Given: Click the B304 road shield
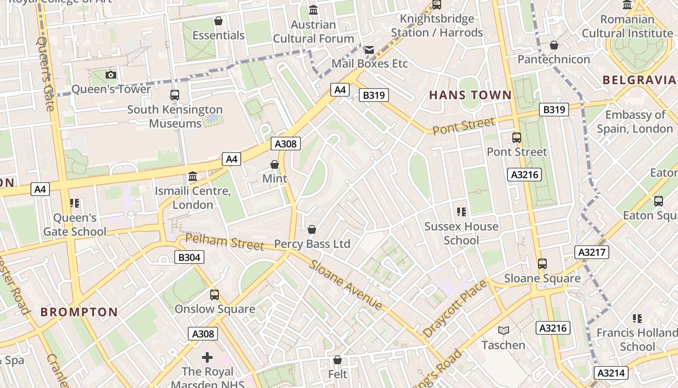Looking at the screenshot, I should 189,257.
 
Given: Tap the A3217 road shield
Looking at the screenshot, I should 592,252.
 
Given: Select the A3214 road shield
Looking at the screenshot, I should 611,373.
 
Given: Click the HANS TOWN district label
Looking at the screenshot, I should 470,95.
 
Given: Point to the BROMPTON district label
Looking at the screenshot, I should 79,312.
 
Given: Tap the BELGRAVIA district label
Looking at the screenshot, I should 639,80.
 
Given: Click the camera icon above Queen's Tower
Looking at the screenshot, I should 111,75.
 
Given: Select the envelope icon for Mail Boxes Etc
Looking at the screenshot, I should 370,49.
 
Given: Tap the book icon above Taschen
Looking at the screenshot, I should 504,331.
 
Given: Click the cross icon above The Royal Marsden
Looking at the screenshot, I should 207,358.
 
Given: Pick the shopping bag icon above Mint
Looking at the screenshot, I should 275,164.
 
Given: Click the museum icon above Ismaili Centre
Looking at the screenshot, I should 193,177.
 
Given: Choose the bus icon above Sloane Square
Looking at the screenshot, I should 542,264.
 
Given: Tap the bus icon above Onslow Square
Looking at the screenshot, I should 215,295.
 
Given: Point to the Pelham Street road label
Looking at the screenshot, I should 225,241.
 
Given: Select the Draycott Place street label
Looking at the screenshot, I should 455,309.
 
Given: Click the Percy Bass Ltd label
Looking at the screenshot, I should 312,243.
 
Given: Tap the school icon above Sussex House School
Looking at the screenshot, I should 461,212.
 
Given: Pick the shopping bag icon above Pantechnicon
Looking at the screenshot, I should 554,45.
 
